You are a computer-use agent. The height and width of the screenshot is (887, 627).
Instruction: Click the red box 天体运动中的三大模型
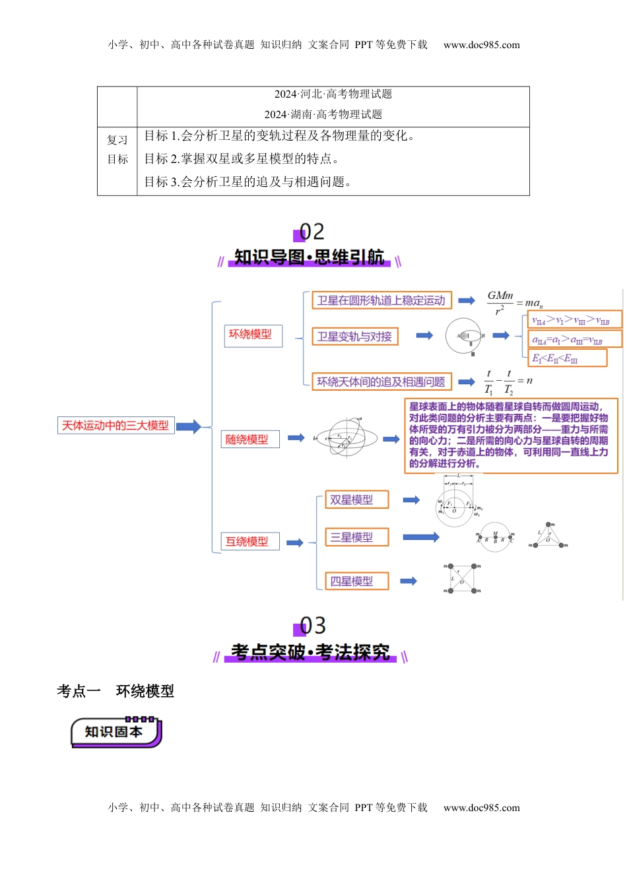pyautogui.click(x=115, y=426)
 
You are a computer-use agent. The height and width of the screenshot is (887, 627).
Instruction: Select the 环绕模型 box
pyautogui.click(x=251, y=335)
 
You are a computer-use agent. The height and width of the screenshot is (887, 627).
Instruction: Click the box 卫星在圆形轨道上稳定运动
pyautogui.click(x=381, y=300)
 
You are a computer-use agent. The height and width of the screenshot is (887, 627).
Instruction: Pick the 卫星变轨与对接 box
pyautogui.click(x=355, y=337)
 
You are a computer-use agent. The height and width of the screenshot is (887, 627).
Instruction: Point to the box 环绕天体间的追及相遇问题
pyautogui.click(x=381, y=381)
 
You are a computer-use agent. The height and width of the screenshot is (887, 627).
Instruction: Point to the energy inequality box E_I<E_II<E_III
pyautogui.click(x=568, y=358)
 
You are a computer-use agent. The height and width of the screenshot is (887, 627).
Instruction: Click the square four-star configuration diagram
pyautogui.click(x=462, y=579)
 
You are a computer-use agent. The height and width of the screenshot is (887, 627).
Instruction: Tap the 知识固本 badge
pyautogui.click(x=115, y=732)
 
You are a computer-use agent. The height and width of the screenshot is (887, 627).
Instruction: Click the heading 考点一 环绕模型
pyautogui.click(x=115, y=691)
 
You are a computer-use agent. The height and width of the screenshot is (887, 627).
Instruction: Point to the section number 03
pyautogui.click(x=312, y=626)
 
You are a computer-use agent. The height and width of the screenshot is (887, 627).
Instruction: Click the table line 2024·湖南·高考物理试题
pyautogui.click(x=323, y=115)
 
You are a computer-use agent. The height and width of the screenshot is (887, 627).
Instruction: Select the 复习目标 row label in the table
pyautogui.click(x=117, y=150)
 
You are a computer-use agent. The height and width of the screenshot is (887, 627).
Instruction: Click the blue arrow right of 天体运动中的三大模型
pyautogui.click(x=188, y=426)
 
